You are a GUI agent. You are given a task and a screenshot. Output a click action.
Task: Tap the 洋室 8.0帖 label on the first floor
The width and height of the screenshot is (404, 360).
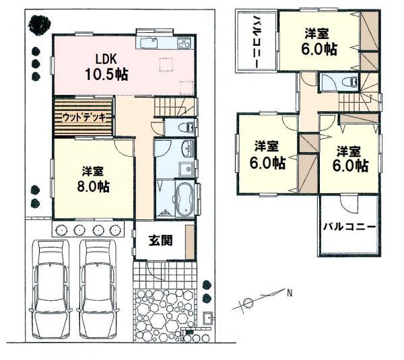tap(93, 179)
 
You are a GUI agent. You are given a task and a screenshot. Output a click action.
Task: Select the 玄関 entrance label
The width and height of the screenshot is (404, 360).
tap(160, 240)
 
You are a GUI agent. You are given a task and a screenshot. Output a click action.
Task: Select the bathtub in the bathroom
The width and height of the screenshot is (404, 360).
tap(182, 197)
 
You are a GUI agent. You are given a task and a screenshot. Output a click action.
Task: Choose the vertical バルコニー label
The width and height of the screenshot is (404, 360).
tap(257, 40)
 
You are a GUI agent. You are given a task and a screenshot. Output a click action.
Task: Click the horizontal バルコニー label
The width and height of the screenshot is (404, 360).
tap(347, 227)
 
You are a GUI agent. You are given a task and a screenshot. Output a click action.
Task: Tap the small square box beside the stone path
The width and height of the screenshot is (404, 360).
tap(209, 318)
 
